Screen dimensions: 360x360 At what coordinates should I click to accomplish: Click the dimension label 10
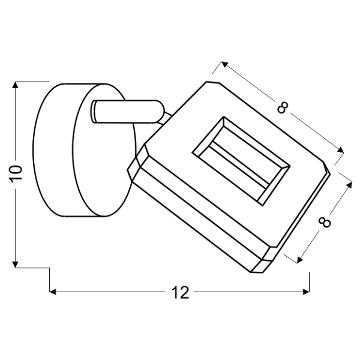coord(16,173)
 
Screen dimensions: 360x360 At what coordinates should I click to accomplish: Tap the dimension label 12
coord(179,292)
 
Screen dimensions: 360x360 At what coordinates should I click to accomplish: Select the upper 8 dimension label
coord(283,108)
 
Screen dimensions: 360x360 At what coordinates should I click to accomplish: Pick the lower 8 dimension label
coord(325,221)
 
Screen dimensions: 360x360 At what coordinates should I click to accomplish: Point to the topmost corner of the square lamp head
coord(209,82)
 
